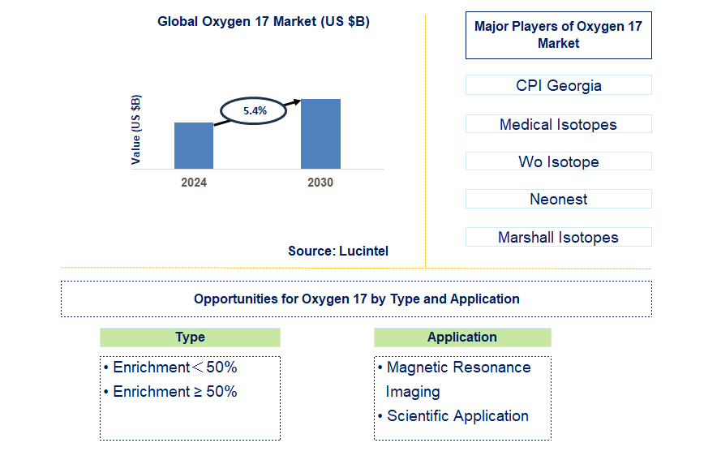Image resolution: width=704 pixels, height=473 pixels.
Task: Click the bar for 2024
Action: pyautogui.click(x=194, y=146)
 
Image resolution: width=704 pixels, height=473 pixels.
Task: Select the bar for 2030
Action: pyautogui.click(x=320, y=134)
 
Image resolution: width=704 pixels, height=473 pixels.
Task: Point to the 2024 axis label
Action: pyautogui.click(x=194, y=183)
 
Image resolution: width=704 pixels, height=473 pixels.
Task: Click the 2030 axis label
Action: pyautogui.click(x=320, y=183)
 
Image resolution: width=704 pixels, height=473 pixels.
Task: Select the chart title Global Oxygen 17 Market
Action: pyautogui.click(x=264, y=22)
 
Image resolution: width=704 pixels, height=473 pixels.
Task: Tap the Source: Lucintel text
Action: pyautogui.click(x=338, y=252)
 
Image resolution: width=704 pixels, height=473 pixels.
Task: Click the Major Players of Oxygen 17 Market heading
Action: pyautogui.click(x=558, y=35)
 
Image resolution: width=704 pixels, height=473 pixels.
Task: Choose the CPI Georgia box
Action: pyautogui.click(x=558, y=85)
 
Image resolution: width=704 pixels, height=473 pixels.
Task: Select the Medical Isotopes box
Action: pyautogui.click(x=558, y=124)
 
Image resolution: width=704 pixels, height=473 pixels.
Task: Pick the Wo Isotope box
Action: pyautogui.click(x=558, y=161)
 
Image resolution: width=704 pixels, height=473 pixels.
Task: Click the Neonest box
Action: pyautogui.click(x=558, y=199)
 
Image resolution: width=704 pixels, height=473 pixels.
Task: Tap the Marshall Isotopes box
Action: pyautogui.click(x=558, y=237)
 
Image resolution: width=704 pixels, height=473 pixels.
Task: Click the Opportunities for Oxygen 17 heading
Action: pyautogui.click(x=356, y=299)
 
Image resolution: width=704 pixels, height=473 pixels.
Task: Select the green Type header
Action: pyautogui.click(x=190, y=338)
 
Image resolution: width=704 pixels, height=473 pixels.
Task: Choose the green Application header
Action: pyautogui.click(x=462, y=338)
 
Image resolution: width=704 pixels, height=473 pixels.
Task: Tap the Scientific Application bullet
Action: pyautogui.click(x=457, y=416)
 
